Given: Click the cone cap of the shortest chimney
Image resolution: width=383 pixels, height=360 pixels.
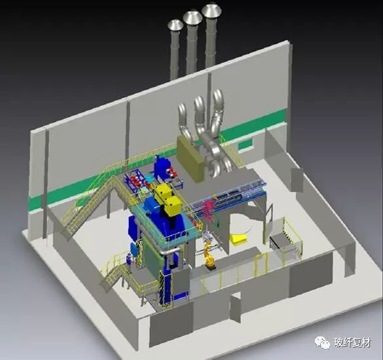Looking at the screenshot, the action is coord(175,25).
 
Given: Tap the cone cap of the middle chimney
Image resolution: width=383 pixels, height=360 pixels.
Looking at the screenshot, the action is coord(192,16).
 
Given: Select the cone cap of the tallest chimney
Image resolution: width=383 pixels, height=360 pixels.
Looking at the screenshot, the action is coord(211,10).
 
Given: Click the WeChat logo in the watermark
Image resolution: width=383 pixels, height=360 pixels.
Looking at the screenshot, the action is coord(322,342).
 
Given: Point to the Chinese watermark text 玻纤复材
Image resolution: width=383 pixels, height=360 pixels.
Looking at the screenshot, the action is coord(352,342).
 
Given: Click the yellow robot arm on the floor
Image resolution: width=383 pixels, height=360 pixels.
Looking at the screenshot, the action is coord(209,256).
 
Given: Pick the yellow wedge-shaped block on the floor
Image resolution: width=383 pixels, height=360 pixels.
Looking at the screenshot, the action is coord(238,239).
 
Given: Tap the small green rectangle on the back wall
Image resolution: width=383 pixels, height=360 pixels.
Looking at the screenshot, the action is coord(246,144).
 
